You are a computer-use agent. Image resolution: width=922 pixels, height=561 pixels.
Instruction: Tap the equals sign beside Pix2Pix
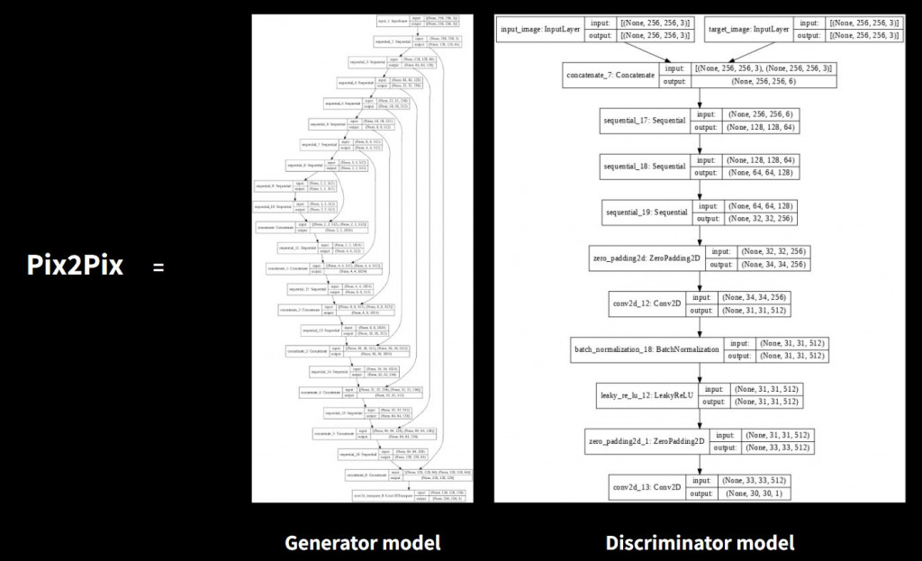point(158,267)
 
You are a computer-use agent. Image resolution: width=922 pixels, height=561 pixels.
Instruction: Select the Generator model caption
point(362,542)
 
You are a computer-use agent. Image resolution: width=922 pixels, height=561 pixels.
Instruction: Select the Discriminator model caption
point(700,542)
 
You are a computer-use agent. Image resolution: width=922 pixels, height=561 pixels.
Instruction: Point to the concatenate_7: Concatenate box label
point(610,75)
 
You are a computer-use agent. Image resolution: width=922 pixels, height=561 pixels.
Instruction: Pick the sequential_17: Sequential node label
point(644,122)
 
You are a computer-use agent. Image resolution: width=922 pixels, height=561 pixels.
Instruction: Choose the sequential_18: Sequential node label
point(645,167)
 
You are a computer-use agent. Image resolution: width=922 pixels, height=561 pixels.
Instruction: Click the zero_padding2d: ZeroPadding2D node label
point(645,258)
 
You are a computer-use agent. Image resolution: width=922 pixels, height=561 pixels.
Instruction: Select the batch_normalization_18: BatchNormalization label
point(646,349)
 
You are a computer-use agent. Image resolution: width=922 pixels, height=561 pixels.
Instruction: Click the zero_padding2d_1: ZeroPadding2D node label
point(645,441)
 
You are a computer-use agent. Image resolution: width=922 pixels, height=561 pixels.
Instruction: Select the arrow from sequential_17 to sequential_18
point(699,144)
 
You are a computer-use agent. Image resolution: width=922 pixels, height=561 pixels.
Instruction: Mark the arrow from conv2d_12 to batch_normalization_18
point(699,327)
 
